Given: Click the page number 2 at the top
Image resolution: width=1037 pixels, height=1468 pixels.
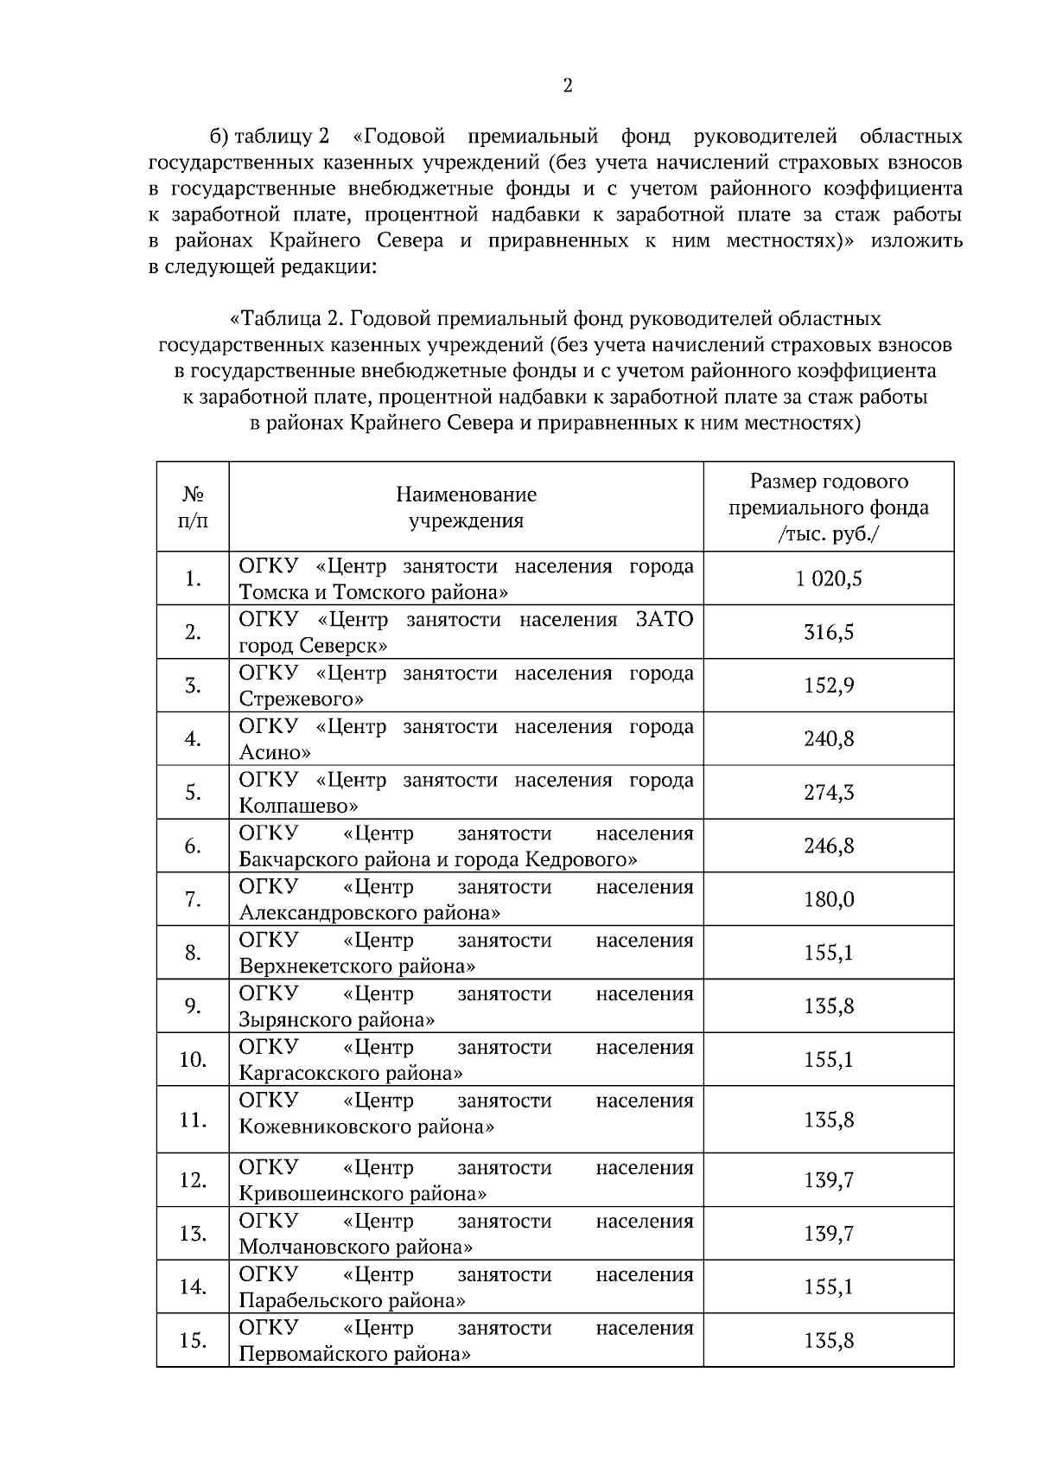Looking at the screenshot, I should pos(567,86).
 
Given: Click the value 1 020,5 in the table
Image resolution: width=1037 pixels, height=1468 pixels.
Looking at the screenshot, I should pos(829,579).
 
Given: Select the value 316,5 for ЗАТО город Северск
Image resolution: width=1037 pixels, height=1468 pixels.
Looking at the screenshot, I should pos(829,633).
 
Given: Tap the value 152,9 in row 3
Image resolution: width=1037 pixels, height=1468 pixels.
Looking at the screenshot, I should pos(829,686).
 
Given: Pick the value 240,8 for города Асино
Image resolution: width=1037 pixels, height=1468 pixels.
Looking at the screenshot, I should pos(829,739).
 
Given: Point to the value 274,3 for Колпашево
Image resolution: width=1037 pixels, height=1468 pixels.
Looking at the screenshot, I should pos(829,793).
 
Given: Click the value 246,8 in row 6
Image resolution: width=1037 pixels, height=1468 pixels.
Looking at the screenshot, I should pos(829,846).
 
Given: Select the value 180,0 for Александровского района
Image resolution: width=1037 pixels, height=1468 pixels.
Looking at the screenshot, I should pos(829,900).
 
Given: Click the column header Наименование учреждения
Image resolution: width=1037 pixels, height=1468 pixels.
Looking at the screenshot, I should pos(466,507).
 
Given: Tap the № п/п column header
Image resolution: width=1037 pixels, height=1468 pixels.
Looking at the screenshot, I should pos(193,507).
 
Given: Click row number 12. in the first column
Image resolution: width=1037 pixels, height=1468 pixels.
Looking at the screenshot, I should pos(193,1181).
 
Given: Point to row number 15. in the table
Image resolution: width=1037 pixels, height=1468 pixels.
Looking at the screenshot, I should pos(193,1341).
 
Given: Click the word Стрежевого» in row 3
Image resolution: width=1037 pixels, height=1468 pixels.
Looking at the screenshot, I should pos(301,699).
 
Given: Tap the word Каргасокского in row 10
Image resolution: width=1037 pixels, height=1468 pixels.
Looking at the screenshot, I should pos(304,1073).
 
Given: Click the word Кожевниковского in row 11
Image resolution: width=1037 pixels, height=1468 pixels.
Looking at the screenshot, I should pos(315,1127).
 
